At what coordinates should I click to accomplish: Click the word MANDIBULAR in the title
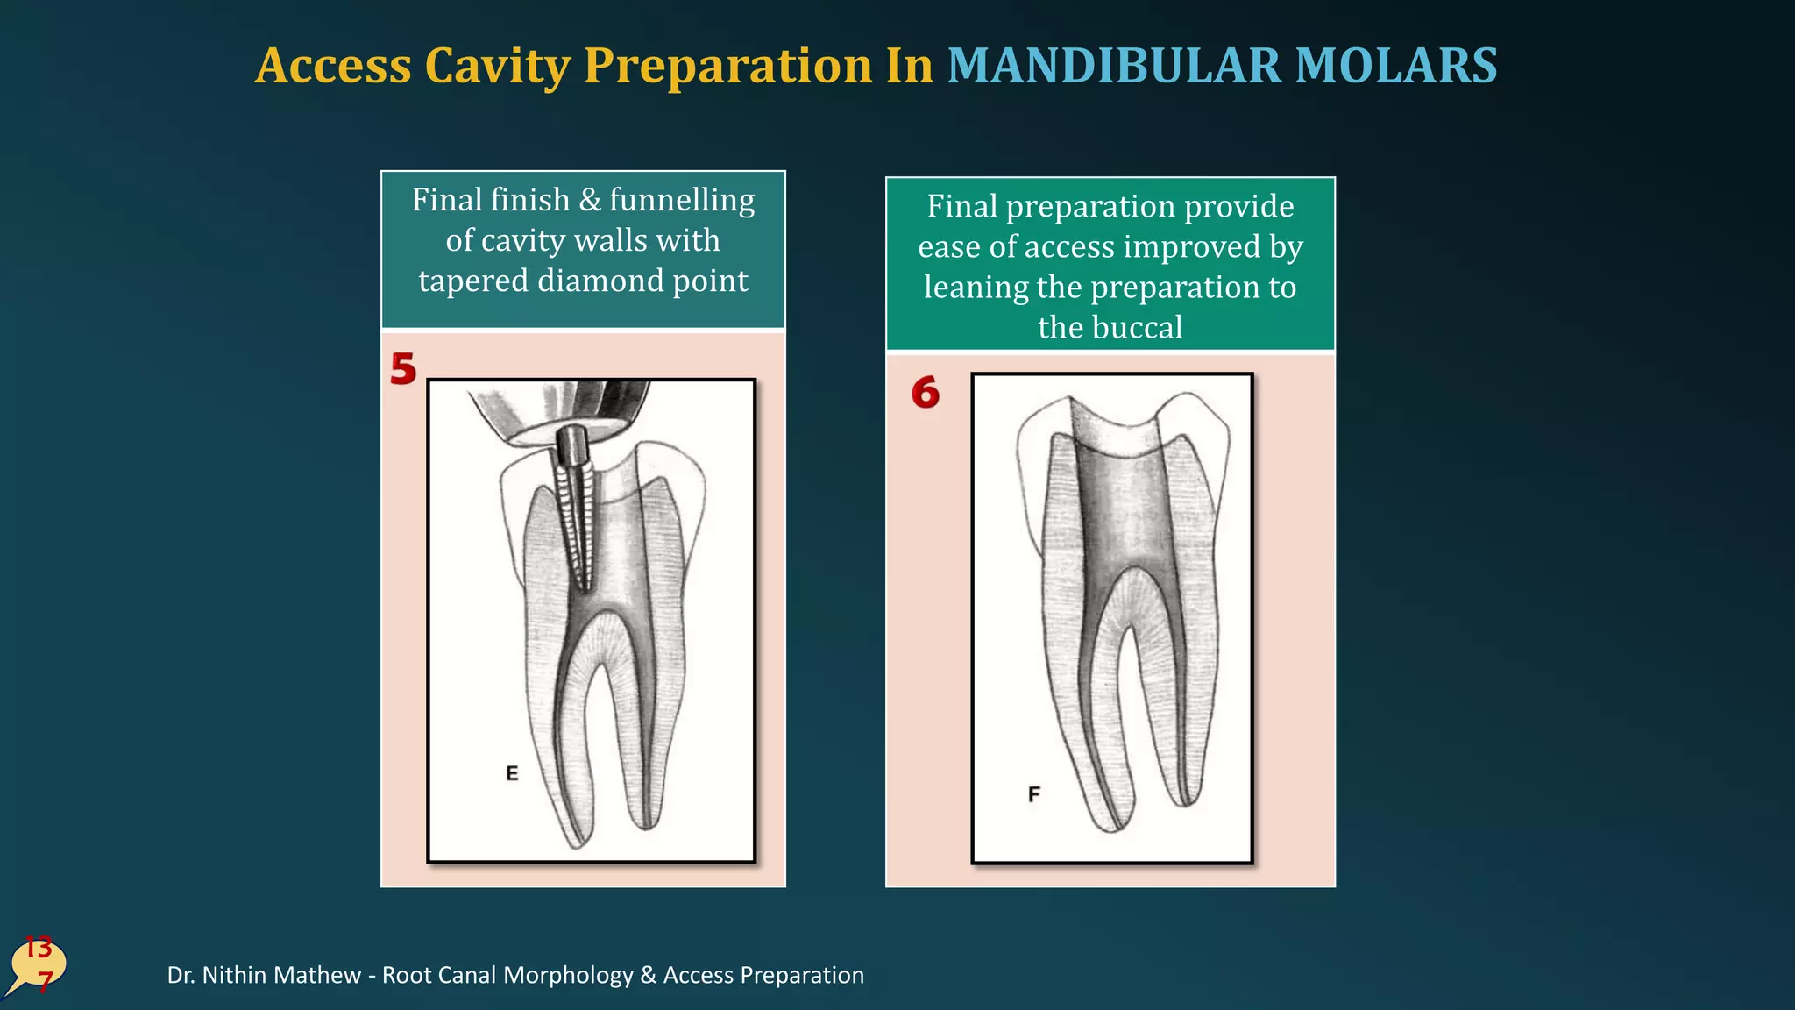click(1114, 66)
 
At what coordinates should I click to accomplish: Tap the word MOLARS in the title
click(1396, 66)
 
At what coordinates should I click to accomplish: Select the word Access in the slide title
click(334, 66)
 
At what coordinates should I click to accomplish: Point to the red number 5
click(403, 369)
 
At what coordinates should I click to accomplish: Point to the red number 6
click(925, 392)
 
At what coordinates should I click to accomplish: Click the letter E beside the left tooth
click(512, 773)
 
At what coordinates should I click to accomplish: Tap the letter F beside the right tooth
click(1034, 794)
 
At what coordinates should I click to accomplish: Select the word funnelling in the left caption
click(682, 200)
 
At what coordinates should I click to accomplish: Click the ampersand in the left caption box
click(590, 200)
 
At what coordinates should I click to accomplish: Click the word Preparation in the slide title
click(727, 66)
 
